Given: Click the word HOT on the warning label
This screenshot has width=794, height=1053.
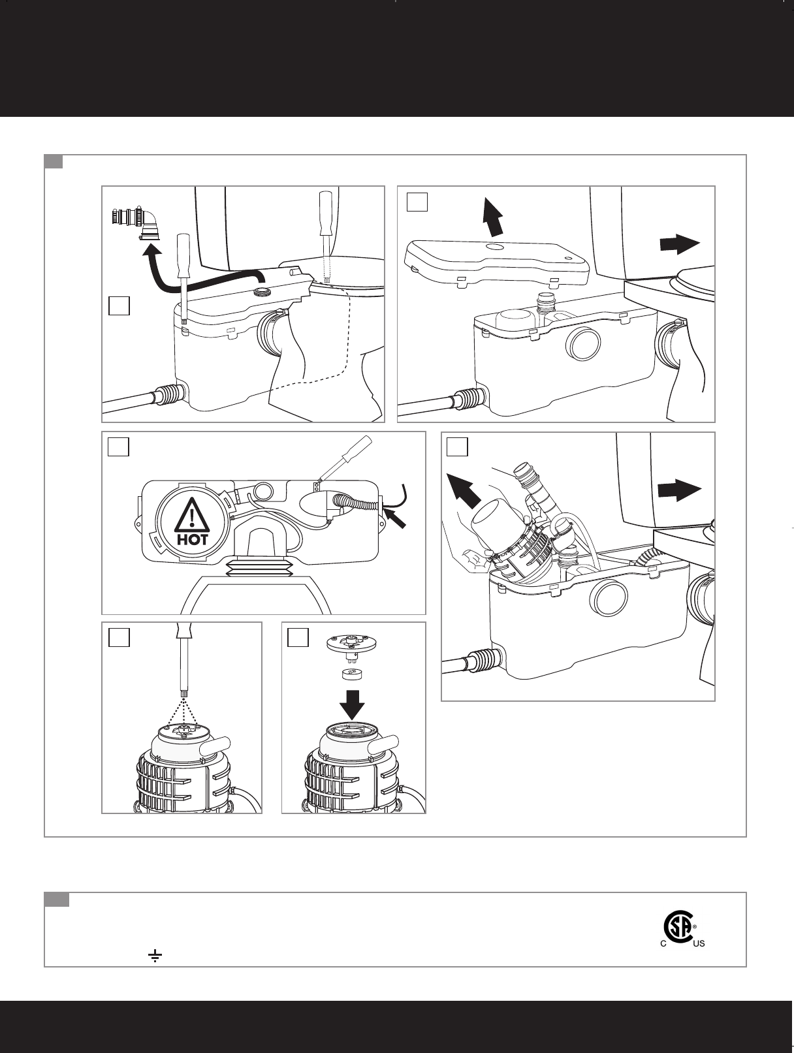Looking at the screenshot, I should (192, 540).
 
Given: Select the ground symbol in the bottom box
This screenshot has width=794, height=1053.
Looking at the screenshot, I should (155, 956).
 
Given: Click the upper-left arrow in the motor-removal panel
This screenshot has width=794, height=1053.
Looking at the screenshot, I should (466, 486).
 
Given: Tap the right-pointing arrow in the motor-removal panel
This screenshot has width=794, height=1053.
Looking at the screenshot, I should (679, 490).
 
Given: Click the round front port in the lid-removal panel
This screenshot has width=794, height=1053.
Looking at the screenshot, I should (583, 345).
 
